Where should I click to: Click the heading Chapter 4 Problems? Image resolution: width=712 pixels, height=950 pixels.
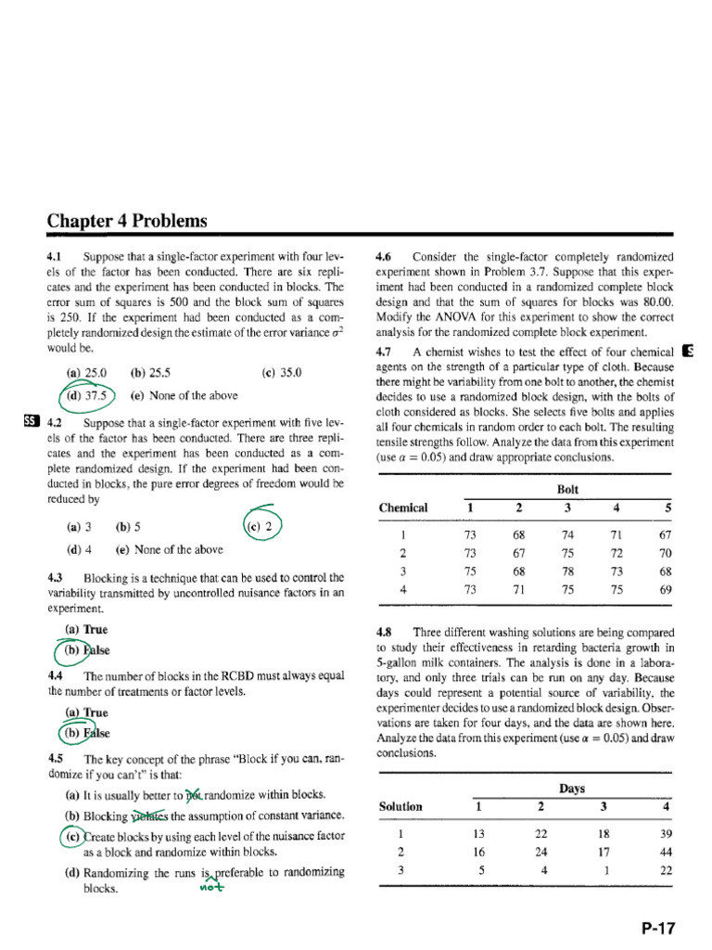click(x=127, y=221)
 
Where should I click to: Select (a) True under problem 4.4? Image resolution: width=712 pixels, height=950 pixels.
click(x=86, y=712)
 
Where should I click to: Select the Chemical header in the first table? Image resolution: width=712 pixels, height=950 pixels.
click(x=403, y=507)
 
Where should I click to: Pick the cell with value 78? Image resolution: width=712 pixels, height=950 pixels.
click(x=567, y=571)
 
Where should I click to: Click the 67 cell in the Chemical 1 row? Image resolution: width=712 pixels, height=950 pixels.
click(x=663, y=534)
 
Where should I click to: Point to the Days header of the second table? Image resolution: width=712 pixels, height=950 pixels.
click(x=572, y=789)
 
